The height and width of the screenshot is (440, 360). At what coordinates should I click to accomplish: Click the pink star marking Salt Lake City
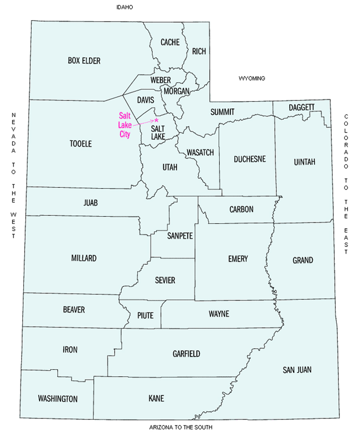coord(156,120)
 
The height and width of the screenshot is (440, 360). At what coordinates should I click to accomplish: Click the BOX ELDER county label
coord(84,61)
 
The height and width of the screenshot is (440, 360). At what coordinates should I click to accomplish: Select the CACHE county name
coord(170,42)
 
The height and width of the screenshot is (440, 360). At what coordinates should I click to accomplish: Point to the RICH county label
coord(199,51)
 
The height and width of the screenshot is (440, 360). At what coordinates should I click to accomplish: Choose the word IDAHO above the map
coord(124,8)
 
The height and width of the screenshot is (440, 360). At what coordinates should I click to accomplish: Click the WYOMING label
coord(252,78)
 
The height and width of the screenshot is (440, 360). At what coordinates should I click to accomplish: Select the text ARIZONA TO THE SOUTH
coord(180,427)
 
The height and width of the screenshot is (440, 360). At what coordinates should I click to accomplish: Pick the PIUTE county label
coord(145,315)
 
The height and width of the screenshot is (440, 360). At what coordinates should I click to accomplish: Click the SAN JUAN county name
coord(297,370)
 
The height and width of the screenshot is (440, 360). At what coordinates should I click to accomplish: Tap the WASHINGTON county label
coord(58,399)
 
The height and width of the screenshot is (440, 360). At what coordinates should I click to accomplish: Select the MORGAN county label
coord(176,91)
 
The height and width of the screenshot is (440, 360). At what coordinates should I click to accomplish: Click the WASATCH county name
coord(200,153)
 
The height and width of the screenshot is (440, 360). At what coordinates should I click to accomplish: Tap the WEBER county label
coord(161,80)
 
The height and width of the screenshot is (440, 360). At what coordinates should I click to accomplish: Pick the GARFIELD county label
coord(186,354)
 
